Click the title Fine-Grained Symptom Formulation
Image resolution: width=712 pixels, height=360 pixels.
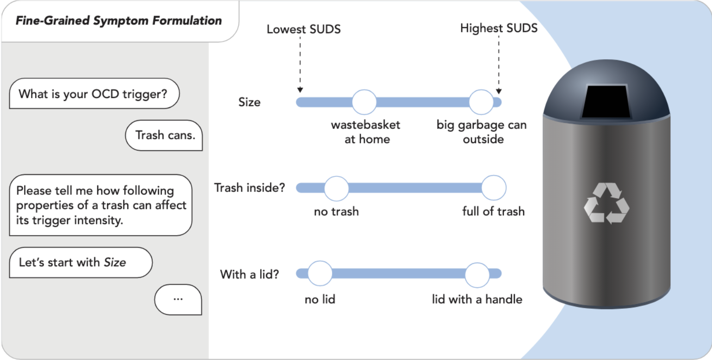pyautogui.click(x=119, y=21)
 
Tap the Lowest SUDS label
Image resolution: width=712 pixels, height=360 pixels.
pyautogui.click(x=304, y=30)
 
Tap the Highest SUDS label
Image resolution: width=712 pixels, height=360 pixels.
pyautogui.click(x=499, y=28)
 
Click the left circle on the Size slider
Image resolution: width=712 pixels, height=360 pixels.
pyautogui.click(x=364, y=102)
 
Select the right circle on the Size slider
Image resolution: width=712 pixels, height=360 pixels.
pyautogui.click(x=481, y=102)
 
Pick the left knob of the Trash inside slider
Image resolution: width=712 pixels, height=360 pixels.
pyautogui.click(x=336, y=188)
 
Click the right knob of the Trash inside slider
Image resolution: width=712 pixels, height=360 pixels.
pyautogui.click(x=494, y=188)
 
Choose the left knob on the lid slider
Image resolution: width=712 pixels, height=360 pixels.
pyautogui.click(x=320, y=273)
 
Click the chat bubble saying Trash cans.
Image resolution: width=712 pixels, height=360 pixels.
pyautogui.click(x=164, y=135)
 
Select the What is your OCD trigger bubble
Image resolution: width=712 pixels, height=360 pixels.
pyautogui.click(x=94, y=93)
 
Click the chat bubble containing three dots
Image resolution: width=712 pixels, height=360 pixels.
pyautogui.click(x=178, y=299)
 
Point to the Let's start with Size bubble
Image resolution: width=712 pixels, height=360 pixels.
pyautogui.click(x=81, y=262)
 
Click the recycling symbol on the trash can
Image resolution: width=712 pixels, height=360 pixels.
pyautogui.click(x=606, y=203)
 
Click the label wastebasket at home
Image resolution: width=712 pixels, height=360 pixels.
pyautogui.click(x=366, y=132)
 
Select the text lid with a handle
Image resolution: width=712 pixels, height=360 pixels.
pyautogui.click(x=477, y=299)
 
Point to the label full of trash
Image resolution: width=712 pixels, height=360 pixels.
pyautogui.click(x=493, y=212)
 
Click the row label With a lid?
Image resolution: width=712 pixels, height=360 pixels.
pyautogui.click(x=250, y=274)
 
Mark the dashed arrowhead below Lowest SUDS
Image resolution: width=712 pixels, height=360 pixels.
pyautogui.click(x=300, y=90)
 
